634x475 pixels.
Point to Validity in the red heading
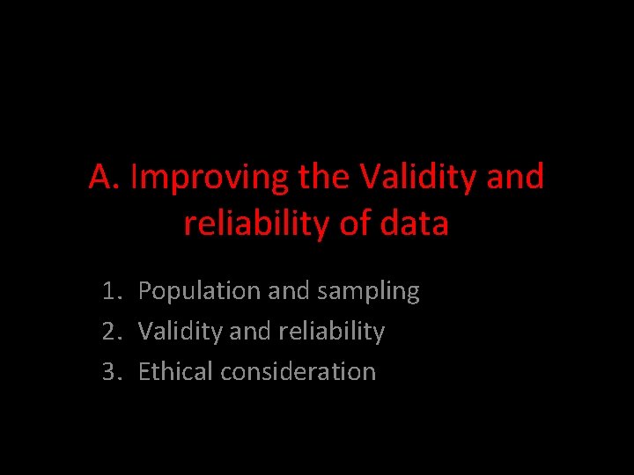coord(417,178)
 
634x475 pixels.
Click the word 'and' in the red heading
coord(514,178)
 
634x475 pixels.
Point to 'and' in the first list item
coord(287,291)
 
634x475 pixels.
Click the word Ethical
coord(176,372)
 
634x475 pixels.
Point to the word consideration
coord(299,372)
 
